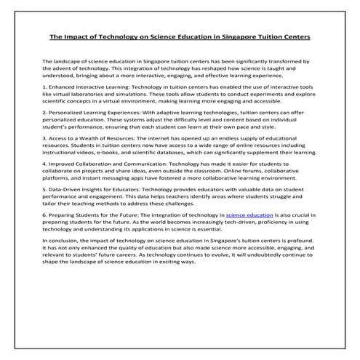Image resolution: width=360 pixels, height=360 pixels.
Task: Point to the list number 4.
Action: (x=44, y=164)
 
